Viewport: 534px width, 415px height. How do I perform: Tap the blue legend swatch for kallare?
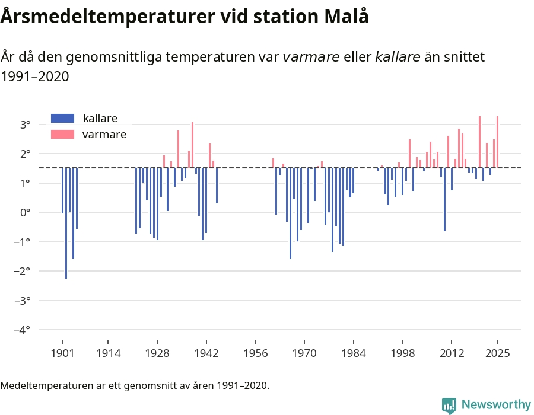point(63,118)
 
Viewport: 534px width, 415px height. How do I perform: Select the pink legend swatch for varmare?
point(63,135)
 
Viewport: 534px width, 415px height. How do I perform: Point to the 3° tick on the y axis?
point(25,124)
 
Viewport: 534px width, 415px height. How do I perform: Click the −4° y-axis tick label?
point(22,330)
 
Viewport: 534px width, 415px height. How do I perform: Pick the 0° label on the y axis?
point(25,212)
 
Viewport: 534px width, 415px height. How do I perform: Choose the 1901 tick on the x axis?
point(62,353)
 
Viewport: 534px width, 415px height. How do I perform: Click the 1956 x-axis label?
point(255,353)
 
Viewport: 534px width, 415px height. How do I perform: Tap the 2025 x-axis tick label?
point(497,353)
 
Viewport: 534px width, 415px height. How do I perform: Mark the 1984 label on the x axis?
point(353,353)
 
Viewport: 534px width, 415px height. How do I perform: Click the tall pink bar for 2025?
point(497,142)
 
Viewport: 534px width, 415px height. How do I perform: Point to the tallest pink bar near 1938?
point(192,145)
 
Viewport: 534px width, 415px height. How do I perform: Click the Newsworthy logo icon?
point(449,405)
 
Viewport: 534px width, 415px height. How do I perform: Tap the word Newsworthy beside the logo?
point(496,405)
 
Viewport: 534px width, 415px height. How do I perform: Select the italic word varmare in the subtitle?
point(311,57)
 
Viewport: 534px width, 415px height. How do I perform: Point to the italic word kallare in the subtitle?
point(398,57)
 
